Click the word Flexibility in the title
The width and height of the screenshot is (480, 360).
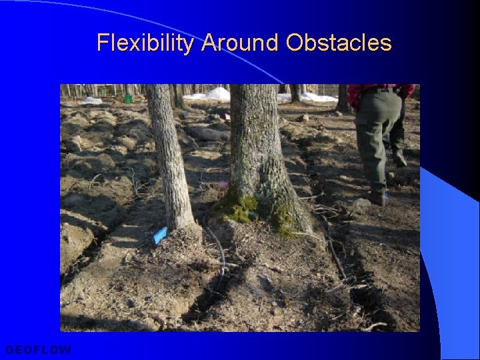(145, 43)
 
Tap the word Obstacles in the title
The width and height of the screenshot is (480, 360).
(338, 43)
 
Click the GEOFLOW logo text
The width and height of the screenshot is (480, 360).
(38, 349)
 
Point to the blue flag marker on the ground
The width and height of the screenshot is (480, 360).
(160, 235)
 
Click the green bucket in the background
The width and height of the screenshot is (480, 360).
(128, 98)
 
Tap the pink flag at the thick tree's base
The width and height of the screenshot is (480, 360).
(223, 184)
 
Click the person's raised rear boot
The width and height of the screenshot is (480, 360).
(399, 158)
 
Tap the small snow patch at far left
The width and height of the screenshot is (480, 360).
(91, 100)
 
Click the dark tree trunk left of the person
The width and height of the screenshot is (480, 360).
(343, 98)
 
